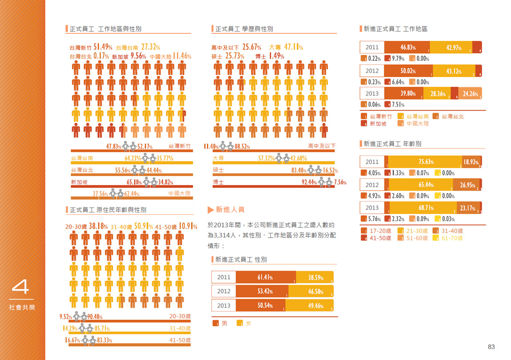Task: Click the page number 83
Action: pos(491,347)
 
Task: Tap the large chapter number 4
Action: pos(20,287)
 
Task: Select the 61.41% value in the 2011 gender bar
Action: pos(265,278)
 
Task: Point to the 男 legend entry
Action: pos(224,324)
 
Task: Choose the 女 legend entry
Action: pos(248,324)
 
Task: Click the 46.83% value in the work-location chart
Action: pos(407,48)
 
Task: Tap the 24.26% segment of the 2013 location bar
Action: pos(470,94)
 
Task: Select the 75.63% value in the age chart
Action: pos(426,162)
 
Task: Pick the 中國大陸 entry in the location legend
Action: pos(418,124)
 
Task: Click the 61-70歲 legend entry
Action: pos(452,238)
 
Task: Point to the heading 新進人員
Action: pos(230,209)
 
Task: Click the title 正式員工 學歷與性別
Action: pos(244,29)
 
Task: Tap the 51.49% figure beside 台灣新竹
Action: pos(103,47)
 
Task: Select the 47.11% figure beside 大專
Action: pos(293,47)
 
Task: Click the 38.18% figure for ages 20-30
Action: pos(98,226)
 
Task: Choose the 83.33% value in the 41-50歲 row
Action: pos(103,340)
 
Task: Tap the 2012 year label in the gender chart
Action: pos(224,292)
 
